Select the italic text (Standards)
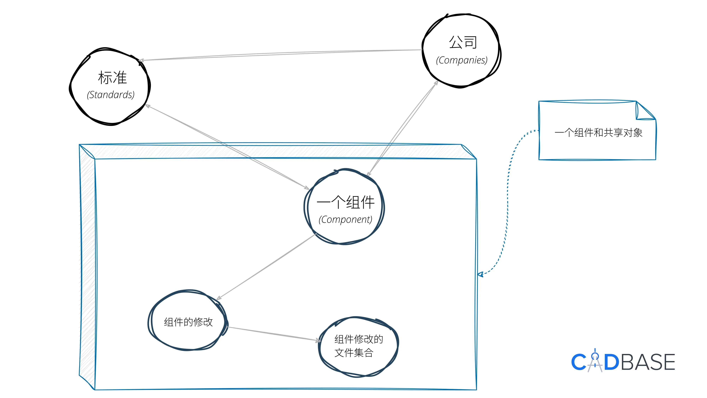[111, 95]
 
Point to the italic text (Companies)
[462, 60]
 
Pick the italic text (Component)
[345, 220]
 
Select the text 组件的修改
[188, 322]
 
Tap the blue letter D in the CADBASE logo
[611, 362]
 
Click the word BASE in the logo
[648, 362]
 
